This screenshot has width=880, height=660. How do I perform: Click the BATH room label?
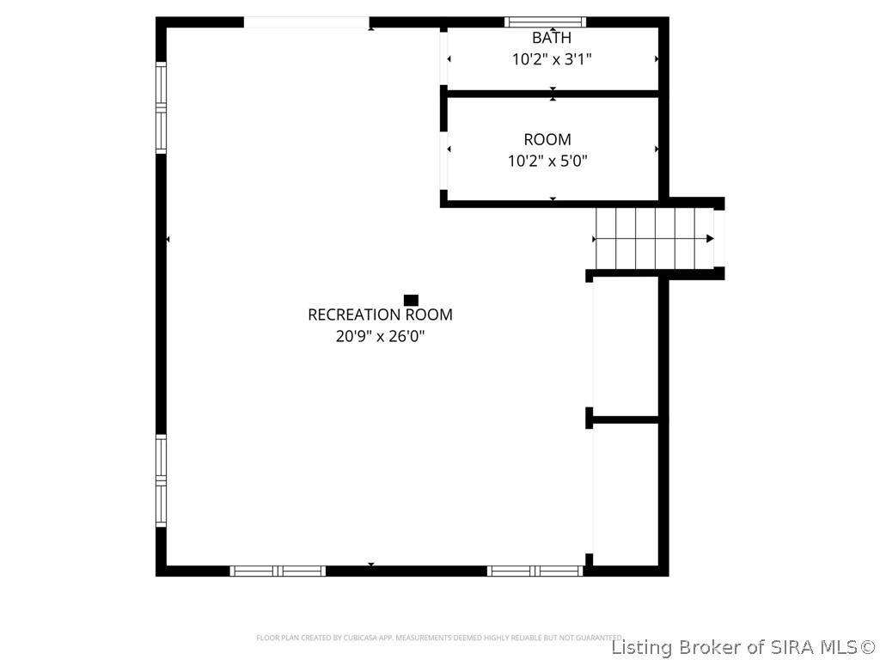click(551, 38)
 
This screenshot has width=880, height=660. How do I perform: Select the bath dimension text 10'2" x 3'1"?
click(551, 59)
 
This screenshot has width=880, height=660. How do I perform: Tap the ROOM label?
click(547, 139)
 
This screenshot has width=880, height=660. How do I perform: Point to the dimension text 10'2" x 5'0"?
click(547, 160)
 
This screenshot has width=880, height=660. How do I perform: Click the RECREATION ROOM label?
click(380, 315)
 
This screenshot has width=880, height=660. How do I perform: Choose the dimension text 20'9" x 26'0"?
click(380, 336)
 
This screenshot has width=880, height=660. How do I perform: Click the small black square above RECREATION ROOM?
click(411, 300)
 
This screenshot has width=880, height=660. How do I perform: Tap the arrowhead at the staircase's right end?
click(710, 238)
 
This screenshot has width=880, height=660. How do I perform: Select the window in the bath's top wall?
click(545, 22)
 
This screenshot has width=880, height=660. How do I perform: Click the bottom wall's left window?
click(278, 571)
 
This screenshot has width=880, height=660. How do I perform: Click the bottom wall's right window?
click(535, 571)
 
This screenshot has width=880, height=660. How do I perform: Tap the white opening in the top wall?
click(307, 22)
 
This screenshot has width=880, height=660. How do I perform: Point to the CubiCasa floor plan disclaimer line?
click(438, 638)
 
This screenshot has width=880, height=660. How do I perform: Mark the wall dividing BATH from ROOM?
click(552, 93)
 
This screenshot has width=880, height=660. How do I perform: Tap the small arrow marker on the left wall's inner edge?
click(168, 239)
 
